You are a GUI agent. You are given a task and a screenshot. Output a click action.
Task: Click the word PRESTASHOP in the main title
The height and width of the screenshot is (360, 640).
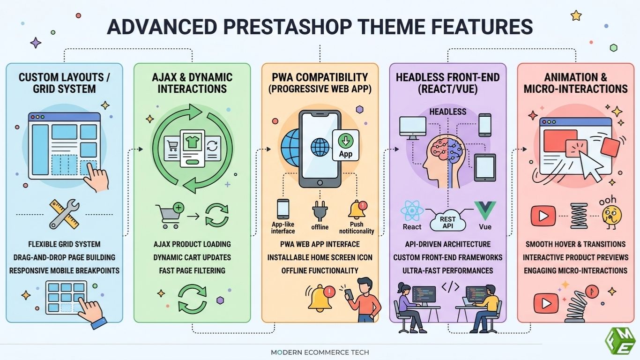pyautogui.click(x=287, y=27)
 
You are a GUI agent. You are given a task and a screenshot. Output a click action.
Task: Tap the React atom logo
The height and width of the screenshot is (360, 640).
pyautogui.click(x=412, y=211)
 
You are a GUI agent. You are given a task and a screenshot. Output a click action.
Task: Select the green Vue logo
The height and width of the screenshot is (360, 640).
pyautogui.click(x=485, y=210)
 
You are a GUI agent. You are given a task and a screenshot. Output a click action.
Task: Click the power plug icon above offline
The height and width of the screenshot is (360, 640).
pyautogui.click(x=320, y=211)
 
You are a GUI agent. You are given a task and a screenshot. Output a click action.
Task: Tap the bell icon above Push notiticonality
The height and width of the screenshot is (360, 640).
pyautogui.click(x=357, y=210)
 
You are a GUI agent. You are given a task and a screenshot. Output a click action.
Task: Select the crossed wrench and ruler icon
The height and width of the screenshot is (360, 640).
pyautogui.click(x=64, y=214)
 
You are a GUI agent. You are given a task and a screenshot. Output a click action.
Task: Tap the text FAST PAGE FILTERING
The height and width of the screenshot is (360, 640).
pyautogui.click(x=192, y=270)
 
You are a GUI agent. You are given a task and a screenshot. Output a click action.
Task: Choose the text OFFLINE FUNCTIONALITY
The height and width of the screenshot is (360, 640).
pyautogui.click(x=320, y=270)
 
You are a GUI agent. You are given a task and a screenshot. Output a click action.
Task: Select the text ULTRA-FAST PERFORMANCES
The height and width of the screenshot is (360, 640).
pyautogui.click(x=448, y=270)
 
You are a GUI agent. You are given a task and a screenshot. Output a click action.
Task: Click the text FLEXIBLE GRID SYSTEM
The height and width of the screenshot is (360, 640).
pyautogui.click(x=64, y=244)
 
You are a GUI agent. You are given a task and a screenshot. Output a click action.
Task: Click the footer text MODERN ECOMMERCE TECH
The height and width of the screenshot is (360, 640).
pyautogui.click(x=320, y=352)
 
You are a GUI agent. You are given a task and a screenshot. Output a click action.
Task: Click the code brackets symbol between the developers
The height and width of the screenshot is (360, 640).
pyautogui.click(x=450, y=287)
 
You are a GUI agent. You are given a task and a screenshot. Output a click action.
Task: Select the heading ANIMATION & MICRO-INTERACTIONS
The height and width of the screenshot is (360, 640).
pyautogui.click(x=575, y=83)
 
